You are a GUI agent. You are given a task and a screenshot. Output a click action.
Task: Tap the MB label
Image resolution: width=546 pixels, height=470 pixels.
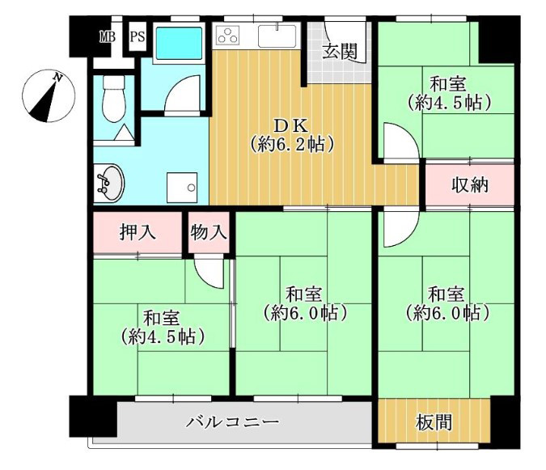click(x=107, y=36)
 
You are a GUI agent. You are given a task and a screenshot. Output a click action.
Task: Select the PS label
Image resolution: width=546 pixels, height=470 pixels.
click(x=138, y=36)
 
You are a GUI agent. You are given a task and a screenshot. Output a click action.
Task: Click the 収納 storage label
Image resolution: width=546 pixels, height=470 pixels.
click(x=469, y=184)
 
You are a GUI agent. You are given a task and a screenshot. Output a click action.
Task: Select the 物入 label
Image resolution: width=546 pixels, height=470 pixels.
click(x=209, y=233)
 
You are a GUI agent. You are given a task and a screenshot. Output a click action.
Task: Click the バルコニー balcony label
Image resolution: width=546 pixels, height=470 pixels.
click(x=233, y=422)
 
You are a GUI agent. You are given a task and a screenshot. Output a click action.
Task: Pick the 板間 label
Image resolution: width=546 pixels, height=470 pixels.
click(x=435, y=422)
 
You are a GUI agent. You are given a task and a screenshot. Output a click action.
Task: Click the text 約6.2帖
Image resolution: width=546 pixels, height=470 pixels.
click(x=292, y=146)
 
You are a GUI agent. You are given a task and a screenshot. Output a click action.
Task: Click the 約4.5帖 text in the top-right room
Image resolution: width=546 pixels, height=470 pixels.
click(x=449, y=104)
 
